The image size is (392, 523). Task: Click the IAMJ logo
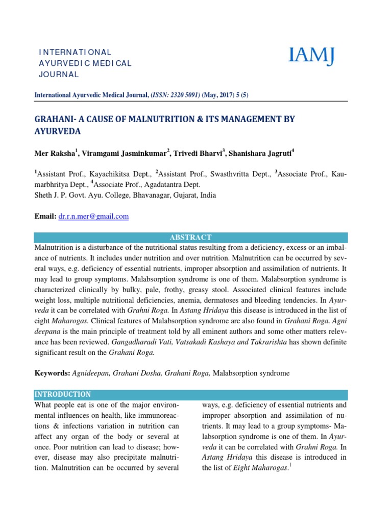coord(312,56)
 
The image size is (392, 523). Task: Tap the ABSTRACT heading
coord(191,237)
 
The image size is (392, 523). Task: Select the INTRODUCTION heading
coord(62,394)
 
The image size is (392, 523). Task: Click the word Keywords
coord(52,373)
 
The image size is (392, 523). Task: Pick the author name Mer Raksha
coord(52,153)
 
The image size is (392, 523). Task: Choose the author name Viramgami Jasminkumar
coord(120,153)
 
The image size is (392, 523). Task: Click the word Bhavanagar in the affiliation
coord(132,195)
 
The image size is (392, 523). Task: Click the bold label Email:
coord(45,217)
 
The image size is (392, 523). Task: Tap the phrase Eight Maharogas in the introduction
coord(252,468)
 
